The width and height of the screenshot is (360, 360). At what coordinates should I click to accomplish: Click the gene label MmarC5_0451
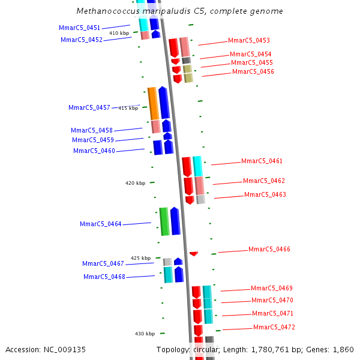click(x=79, y=28)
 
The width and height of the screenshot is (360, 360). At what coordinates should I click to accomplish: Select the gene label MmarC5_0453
click(x=248, y=41)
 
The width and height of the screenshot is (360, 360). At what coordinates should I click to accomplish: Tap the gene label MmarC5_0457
click(x=89, y=108)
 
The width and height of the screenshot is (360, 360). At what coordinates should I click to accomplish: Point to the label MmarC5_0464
click(x=100, y=224)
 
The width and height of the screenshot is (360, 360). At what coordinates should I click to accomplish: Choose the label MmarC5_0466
click(x=269, y=250)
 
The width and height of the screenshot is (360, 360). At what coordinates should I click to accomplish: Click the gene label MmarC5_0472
click(x=274, y=328)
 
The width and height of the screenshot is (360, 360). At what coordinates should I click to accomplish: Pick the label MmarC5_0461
click(x=262, y=161)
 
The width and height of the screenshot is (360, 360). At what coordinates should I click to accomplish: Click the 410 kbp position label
click(x=119, y=34)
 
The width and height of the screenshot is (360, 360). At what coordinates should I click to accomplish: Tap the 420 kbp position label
click(x=135, y=184)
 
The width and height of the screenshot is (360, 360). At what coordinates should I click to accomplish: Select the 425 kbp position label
click(x=140, y=259)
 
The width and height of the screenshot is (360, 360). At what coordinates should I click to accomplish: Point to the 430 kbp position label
click(x=145, y=334)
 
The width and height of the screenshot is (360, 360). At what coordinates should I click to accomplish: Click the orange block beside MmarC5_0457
click(x=153, y=103)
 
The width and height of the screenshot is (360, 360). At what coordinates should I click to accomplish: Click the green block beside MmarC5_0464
click(x=164, y=221)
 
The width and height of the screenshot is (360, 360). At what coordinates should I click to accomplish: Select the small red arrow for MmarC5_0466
click(x=193, y=254)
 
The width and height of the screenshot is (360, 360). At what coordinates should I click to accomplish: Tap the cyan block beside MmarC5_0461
click(x=197, y=166)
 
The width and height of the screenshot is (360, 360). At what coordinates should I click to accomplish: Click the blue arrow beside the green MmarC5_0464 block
click(x=175, y=221)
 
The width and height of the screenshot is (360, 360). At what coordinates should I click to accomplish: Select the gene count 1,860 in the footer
click(x=343, y=350)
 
